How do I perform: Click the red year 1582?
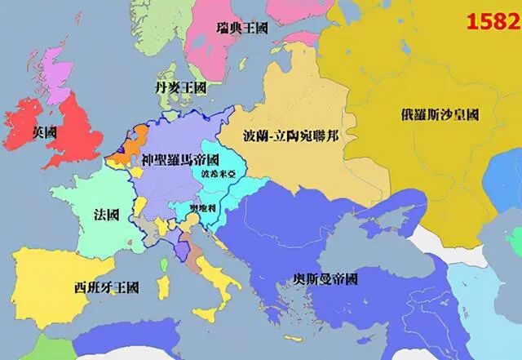(x=492, y=21)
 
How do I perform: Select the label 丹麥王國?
(x=179, y=87)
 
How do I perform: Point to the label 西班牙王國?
(x=106, y=288)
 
